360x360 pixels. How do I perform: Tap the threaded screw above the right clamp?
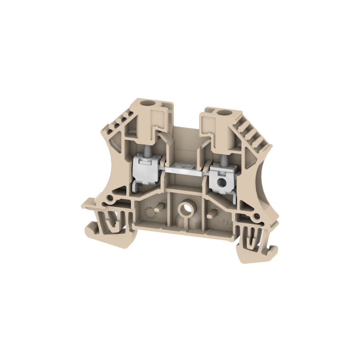(x=223, y=164)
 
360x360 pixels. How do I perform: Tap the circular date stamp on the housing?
(x=149, y=212)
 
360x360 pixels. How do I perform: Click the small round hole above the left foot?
(x=111, y=198)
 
